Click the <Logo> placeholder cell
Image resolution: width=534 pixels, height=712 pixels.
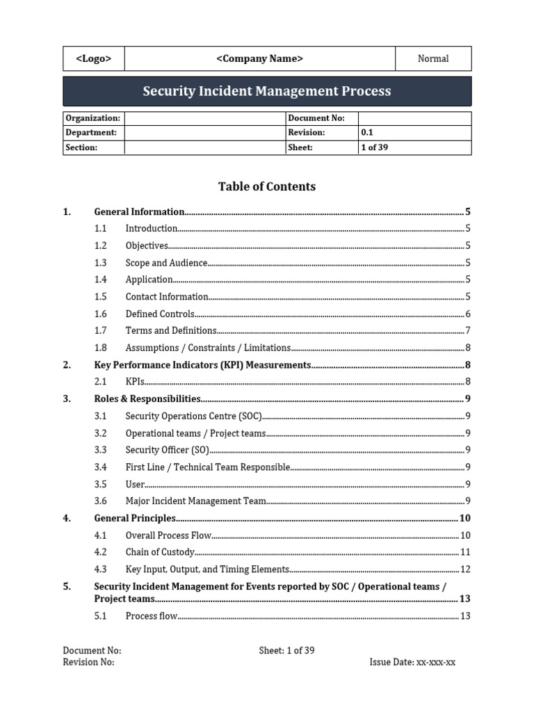(x=93, y=59)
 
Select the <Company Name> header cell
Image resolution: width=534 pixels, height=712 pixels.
(x=259, y=59)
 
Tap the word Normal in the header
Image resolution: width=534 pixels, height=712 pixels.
(x=432, y=59)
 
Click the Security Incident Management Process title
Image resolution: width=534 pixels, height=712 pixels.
(x=267, y=91)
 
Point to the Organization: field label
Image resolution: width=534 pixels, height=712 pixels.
(x=92, y=118)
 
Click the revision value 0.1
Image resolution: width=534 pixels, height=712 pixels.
(x=367, y=133)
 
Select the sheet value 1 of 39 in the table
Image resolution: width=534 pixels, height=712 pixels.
(x=374, y=147)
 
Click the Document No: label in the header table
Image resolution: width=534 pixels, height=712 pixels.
(x=316, y=118)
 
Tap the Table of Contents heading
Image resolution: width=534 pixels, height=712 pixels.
(x=267, y=186)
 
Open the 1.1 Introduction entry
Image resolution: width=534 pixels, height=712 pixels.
(x=152, y=229)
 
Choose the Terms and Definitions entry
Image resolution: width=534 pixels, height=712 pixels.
(x=171, y=331)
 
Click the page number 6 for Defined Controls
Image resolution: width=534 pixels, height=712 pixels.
(x=468, y=314)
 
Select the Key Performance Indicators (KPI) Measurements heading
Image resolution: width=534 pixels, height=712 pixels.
(x=202, y=365)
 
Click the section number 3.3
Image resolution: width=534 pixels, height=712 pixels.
(x=100, y=451)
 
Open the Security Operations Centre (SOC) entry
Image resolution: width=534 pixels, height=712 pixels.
(x=193, y=416)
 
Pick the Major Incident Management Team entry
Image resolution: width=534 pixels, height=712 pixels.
(x=195, y=501)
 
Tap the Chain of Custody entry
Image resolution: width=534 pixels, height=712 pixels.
(x=159, y=553)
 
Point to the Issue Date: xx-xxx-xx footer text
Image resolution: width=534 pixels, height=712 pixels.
(x=412, y=663)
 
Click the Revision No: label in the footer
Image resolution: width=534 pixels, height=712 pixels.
(x=88, y=663)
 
